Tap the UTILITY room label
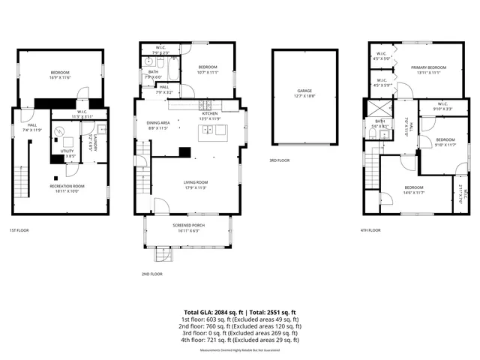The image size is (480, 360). pyautogui.click(x=67, y=154)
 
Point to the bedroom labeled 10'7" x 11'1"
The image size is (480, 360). pyautogui.click(x=208, y=70)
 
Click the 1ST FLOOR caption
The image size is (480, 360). pyautogui.click(x=19, y=230)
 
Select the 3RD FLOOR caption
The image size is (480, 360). pyautogui.click(x=279, y=160)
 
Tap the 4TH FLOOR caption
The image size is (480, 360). pyautogui.click(x=370, y=230)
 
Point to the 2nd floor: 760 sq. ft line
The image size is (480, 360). pyautogui.click(x=240, y=326)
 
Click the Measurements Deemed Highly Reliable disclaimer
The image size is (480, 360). pyautogui.click(x=240, y=349)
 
